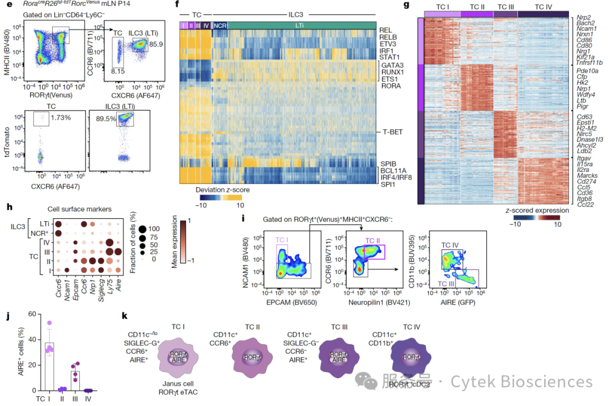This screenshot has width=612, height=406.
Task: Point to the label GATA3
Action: tap(394, 65)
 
